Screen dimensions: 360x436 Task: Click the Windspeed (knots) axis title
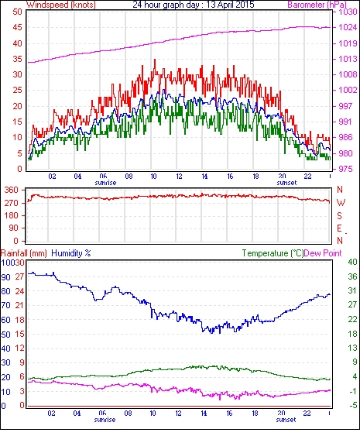(61, 5)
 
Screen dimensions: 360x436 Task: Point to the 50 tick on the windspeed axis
(17, 12)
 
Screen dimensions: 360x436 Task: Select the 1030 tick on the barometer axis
(348, 12)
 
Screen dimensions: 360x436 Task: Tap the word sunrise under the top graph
(105, 183)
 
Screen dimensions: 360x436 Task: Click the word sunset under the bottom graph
(286, 420)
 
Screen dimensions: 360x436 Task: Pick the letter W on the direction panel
(341, 203)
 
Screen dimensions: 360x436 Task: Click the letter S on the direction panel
(339, 216)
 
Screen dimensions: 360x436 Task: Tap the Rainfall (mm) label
(24, 253)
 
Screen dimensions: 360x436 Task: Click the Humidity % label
(71, 253)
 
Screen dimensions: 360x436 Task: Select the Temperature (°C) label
(273, 253)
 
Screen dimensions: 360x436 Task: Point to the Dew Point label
(323, 253)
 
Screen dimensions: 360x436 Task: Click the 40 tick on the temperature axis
(352, 262)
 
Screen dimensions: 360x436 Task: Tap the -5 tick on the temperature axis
(353, 406)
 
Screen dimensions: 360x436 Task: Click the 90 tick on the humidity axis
(6, 277)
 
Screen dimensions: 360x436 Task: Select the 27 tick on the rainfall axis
(19, 276)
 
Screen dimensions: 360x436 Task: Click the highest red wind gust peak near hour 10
(155, 60)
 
